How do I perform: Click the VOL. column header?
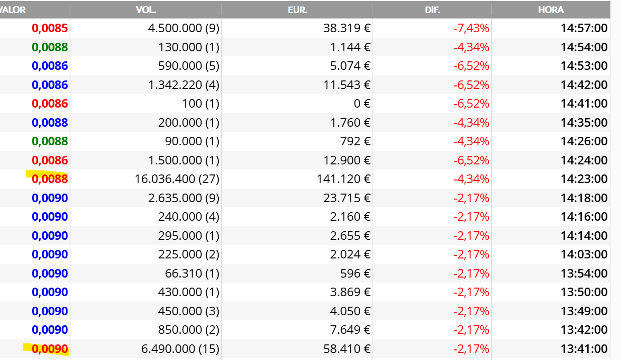(146, 10)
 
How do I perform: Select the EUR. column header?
(297, 10)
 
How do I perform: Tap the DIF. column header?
(432, 10)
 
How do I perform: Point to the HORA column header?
(551, 10)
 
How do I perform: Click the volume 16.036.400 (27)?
(177, 179)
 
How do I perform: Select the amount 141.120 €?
(343, 179)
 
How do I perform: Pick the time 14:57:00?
(584, 28)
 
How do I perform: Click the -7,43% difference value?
(471, 28)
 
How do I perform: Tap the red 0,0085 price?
(50, 28)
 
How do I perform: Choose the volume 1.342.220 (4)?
(184, 85)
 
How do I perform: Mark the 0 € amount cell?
(362, 104)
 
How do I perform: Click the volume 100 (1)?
(201, 104)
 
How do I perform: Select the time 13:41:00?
(584, 349)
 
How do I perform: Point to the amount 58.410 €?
(347, 349)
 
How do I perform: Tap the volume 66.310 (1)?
(192, 274)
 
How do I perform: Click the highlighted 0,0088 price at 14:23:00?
(50, 179)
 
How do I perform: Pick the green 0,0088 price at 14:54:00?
(50, 47)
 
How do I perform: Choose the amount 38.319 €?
(347, 28)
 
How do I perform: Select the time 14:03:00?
(584, 254)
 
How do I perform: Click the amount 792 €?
(356, 141)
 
